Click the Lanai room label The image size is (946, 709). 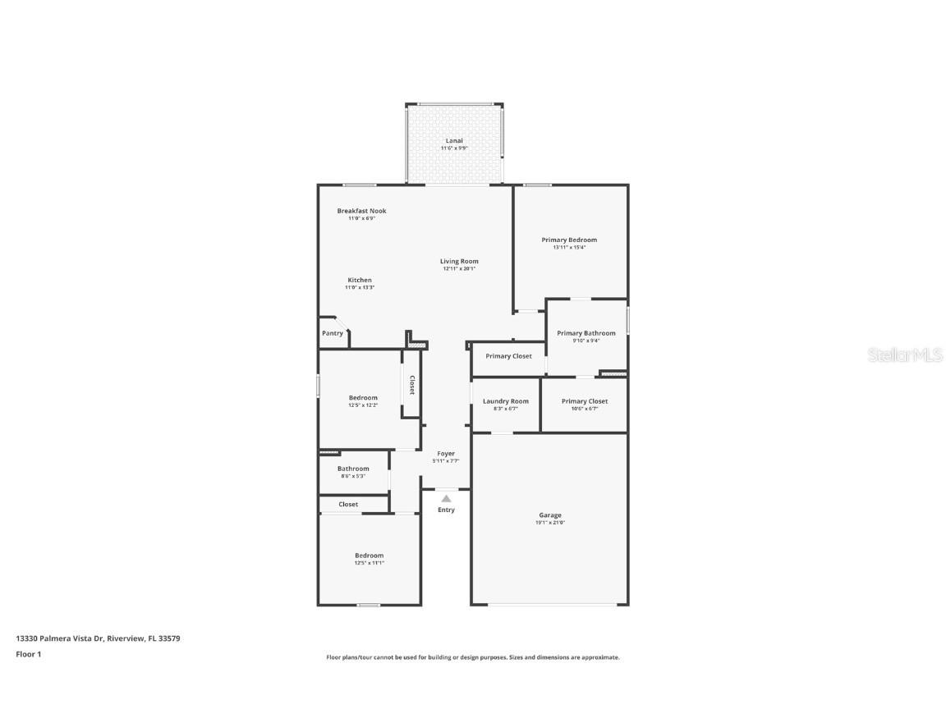point(454,141)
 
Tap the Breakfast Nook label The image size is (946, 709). point(361,211)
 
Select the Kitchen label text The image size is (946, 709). point(359,280)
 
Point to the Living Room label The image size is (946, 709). point(459,261)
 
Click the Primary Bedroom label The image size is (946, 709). point(569,240)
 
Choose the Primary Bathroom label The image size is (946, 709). point(586,333)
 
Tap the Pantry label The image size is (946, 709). point(333,333)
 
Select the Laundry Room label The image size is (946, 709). point(505,401)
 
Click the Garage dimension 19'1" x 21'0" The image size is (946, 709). point(550,523)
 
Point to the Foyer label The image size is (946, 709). point(446,453)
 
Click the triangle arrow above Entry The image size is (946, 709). point(446,498)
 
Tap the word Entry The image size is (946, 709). point(446,510)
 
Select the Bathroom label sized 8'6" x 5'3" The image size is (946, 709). point(353,469)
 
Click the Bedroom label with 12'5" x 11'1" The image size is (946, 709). point(369,556)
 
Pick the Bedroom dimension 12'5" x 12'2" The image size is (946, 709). point(363,405)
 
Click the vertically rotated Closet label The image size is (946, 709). point(411,385)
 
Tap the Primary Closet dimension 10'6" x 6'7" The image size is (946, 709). point(585,408)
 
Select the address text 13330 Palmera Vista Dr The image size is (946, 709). point(59,638)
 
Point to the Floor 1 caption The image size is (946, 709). point(28,654)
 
